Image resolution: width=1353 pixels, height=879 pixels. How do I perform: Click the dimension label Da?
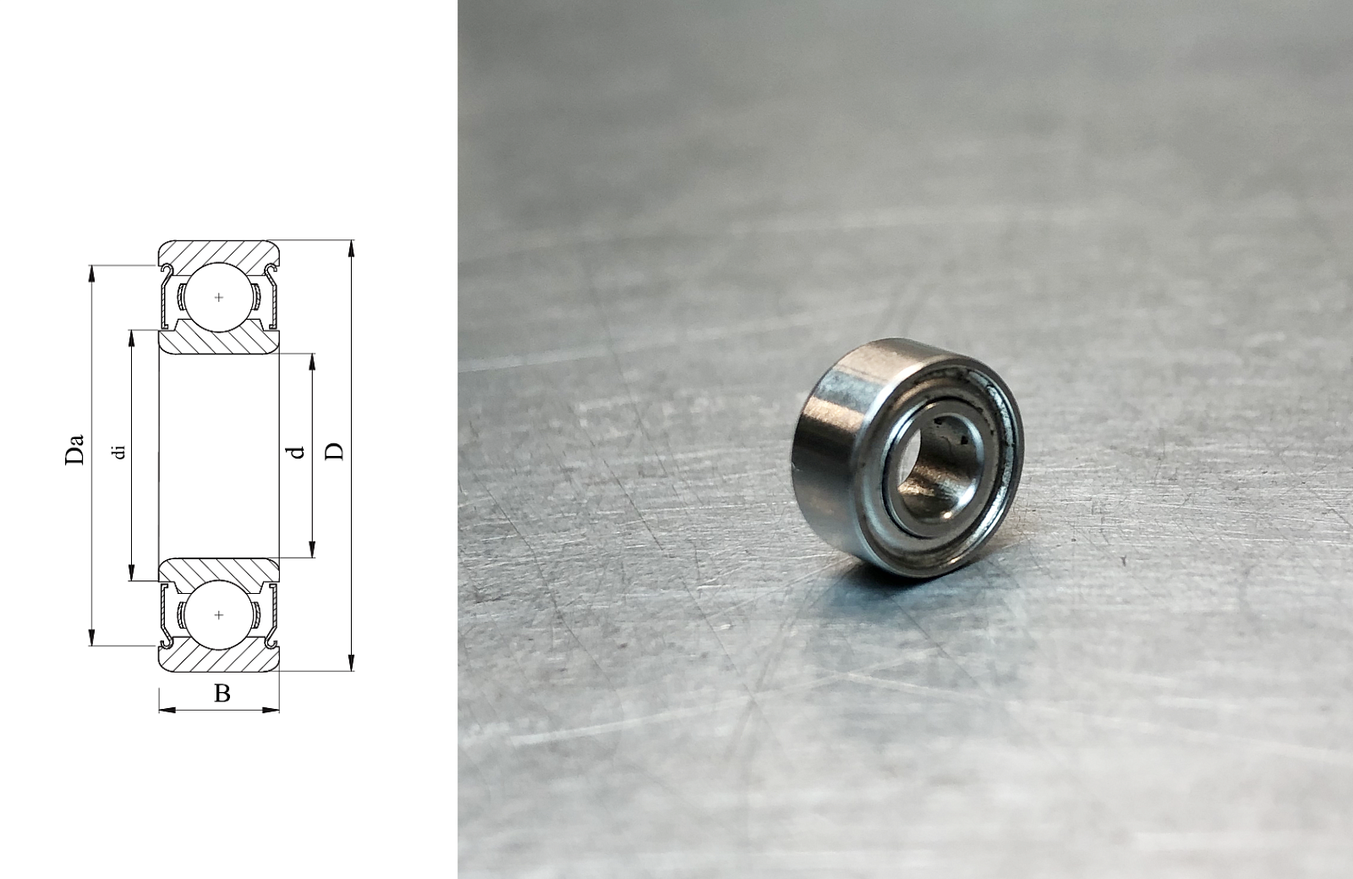point(74,449)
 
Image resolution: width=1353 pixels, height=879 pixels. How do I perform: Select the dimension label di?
point(119,452)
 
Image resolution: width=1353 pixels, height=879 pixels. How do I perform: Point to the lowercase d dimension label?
point(297,451)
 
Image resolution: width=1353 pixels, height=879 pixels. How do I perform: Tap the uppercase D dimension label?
point(334,451)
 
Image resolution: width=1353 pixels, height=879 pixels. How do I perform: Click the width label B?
point(222,693)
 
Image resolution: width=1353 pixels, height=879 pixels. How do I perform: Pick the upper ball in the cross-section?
point(219,297)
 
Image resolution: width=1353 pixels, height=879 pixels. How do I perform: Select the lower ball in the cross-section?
point(219,615)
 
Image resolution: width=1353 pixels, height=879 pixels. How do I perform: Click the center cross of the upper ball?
point(219,297)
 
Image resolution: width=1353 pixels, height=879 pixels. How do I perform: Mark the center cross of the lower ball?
point(219,615)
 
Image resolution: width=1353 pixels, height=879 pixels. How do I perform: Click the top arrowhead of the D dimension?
point(351,248)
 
